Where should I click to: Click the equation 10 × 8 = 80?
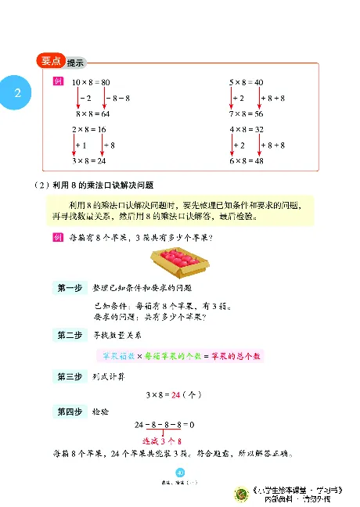coord(90,82)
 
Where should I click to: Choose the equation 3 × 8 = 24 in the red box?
coord(88,160)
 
